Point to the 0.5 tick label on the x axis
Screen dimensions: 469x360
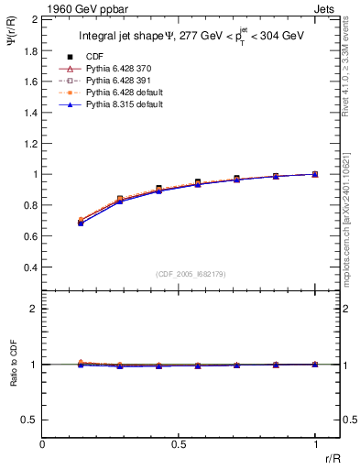179,444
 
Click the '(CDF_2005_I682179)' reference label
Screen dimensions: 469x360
190,274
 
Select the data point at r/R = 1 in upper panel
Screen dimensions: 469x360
315,174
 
